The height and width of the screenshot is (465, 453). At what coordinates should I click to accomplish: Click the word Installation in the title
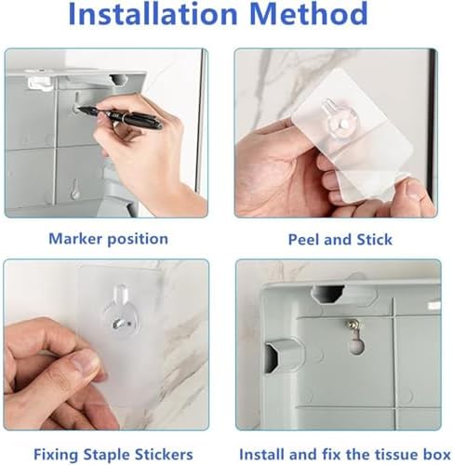[x=153, y=14]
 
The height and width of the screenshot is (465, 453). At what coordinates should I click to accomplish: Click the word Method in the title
[x=308, y=14]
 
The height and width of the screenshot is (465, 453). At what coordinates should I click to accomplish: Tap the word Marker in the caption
[x=75, y=239]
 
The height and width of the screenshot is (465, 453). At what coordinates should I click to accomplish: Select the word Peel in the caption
[x=304, y=240]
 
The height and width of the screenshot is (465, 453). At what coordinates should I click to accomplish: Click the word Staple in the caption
[x=107, y=455]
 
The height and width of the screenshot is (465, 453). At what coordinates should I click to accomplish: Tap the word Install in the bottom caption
[x=262, y=455]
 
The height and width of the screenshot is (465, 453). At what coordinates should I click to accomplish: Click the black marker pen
[x=120, y=116]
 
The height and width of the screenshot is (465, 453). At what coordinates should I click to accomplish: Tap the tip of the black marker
[x=78, y=108]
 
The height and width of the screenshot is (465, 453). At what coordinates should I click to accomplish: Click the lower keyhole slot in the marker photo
[x=74, y=189]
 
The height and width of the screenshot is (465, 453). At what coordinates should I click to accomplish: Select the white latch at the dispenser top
[x=40, y=83]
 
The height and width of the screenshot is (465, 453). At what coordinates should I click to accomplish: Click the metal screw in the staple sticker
[x=119, y=325]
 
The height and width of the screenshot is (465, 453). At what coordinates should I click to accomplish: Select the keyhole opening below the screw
[x=357, y=345]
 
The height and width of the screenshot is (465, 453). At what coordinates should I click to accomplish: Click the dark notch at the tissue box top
[x=327, y=294]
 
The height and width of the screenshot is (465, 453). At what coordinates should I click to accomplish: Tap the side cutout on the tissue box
[x=273, y=356]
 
